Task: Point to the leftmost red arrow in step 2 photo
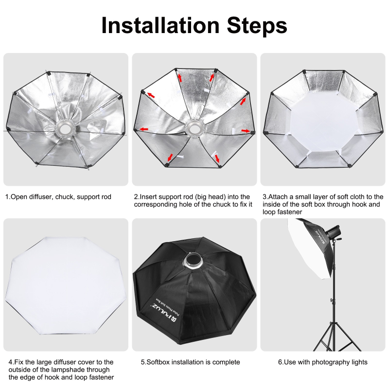(x=143, y=129)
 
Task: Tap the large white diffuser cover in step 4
(x=65, y=287)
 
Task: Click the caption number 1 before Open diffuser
(x=7, y=197)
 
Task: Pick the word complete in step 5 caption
(x=226, y=362)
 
